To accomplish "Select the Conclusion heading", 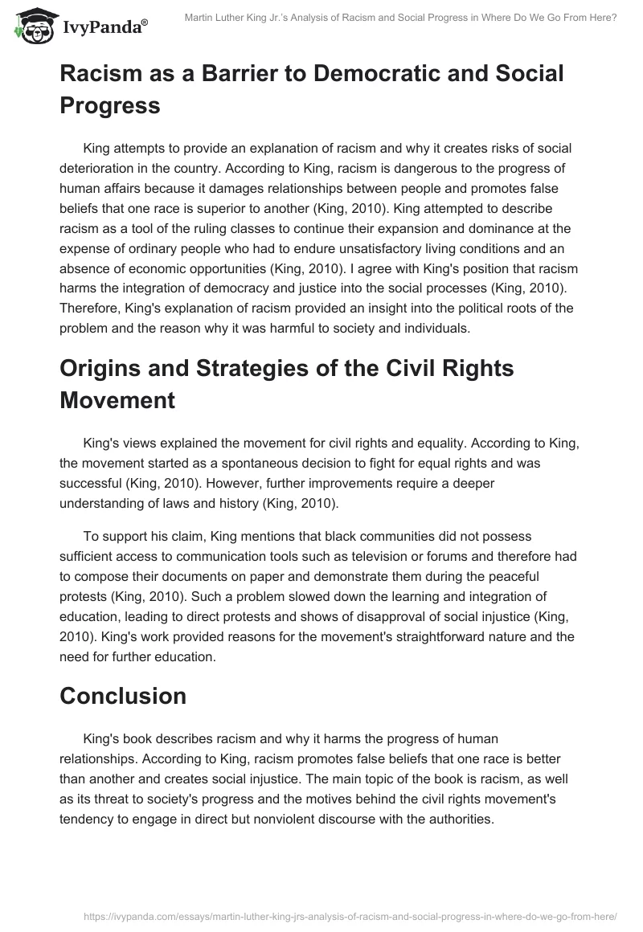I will point(123,696).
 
